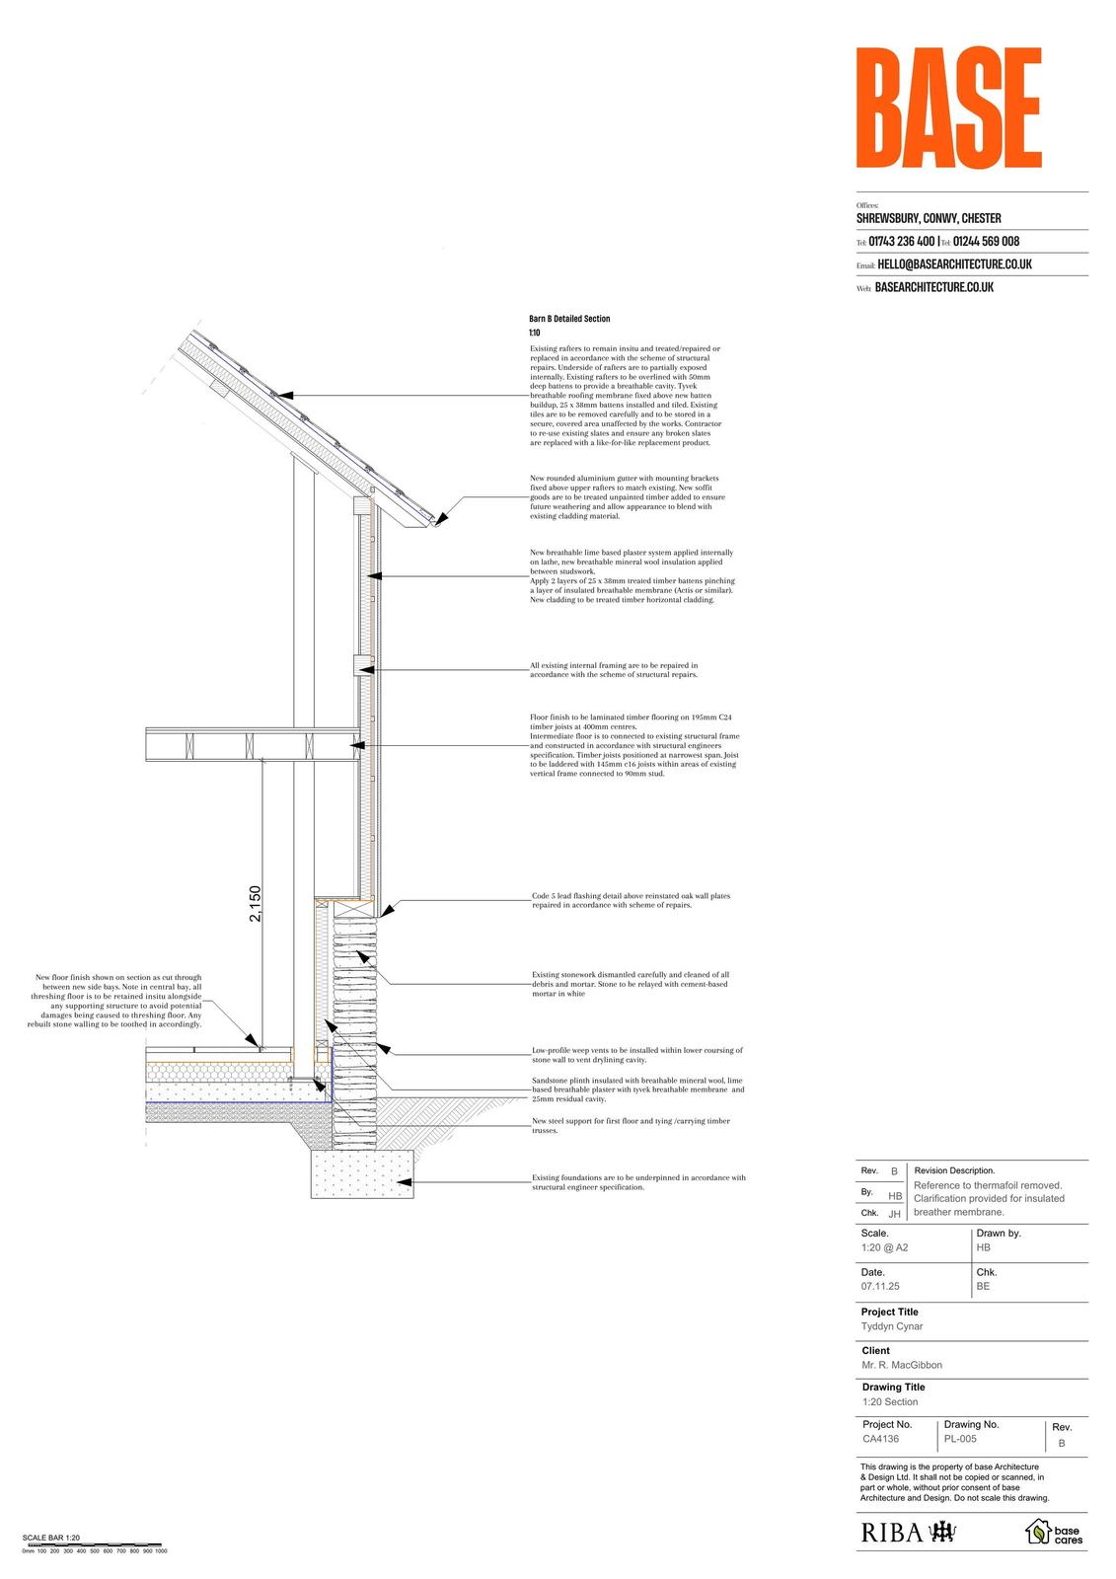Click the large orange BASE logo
coord(948,110)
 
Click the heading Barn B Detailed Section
coord(569,319)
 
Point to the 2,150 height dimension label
coord(256,904)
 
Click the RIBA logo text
coord(892,1532)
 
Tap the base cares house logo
coord(1054,1532)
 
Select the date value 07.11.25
coord(880,1286)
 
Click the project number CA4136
coord(880,1439)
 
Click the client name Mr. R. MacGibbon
coord(901,1365)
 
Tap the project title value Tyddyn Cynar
coord(891,1326)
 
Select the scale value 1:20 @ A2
coord(884,1247)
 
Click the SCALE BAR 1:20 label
coord(50,1538)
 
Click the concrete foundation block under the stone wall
coord(362,1173)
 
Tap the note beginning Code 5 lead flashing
coord(631,900)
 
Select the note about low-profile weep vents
coord(636,1055)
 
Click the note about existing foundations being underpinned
coord(638,1182)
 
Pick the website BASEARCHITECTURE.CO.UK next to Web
coord(933,287)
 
